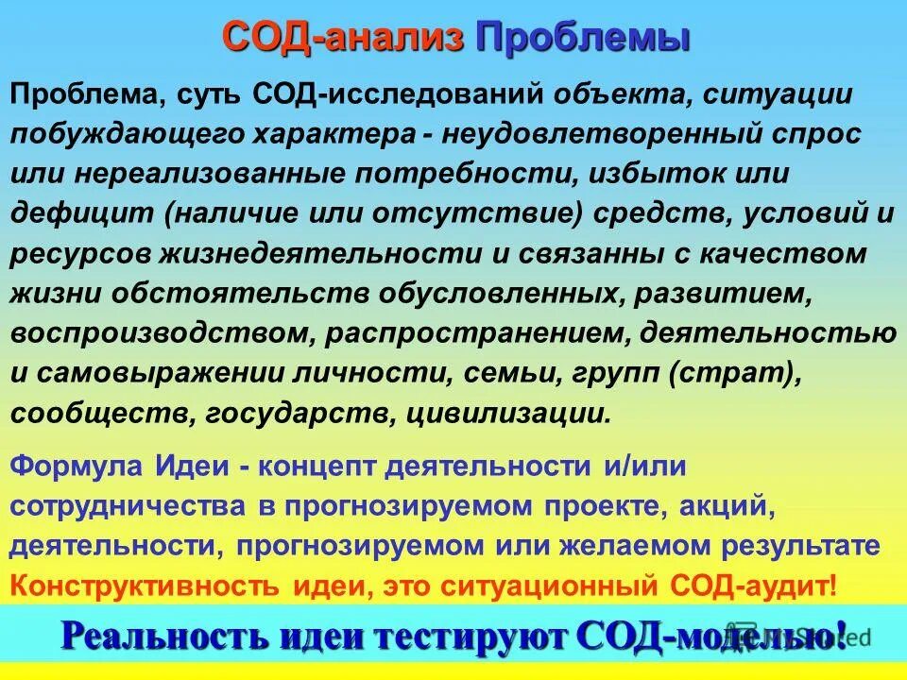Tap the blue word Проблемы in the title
pyautogui.click(x=581, y=39)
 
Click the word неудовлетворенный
pyautogui.click(x=608, y=134)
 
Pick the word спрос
pyautogui.click(x=820, y=134)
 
